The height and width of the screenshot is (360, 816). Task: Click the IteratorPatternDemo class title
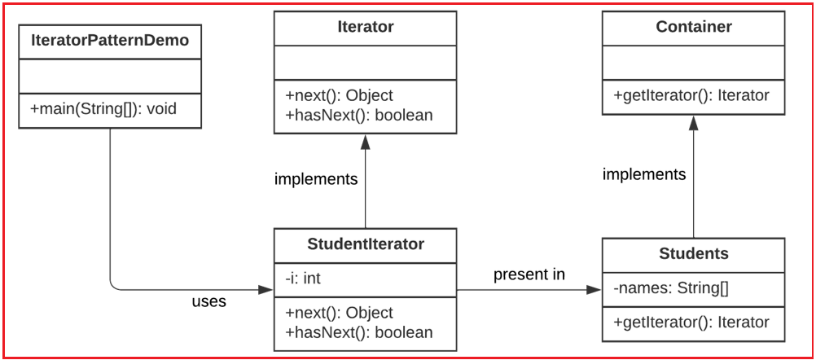(109, 41)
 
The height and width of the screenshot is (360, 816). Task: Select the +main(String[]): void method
(103, 108)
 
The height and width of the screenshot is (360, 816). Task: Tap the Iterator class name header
(365, 27)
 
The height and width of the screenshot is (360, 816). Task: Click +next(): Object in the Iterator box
(339, 95)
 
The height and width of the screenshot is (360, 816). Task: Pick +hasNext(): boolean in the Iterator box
(358, 115)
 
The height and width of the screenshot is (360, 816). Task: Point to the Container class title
(693, 27)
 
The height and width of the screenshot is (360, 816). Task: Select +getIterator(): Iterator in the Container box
(691, 95)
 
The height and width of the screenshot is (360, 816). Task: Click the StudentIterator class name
(365, 244)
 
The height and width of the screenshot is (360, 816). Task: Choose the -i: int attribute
(303, 279)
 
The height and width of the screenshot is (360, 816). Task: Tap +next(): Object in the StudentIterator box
(339, 313)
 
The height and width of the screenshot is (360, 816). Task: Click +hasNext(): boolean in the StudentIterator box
(358, 332)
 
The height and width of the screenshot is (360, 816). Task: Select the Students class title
(693, 253)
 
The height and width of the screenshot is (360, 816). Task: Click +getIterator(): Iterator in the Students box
(691, 323)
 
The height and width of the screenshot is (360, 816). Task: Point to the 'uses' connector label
(208, 301)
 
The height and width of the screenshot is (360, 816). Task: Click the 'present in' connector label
(529, 274)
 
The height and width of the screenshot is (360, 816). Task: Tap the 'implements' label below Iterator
(316, 179)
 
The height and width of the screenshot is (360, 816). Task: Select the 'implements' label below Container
(644, 174)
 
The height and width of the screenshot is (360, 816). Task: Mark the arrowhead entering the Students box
(595, 289)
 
